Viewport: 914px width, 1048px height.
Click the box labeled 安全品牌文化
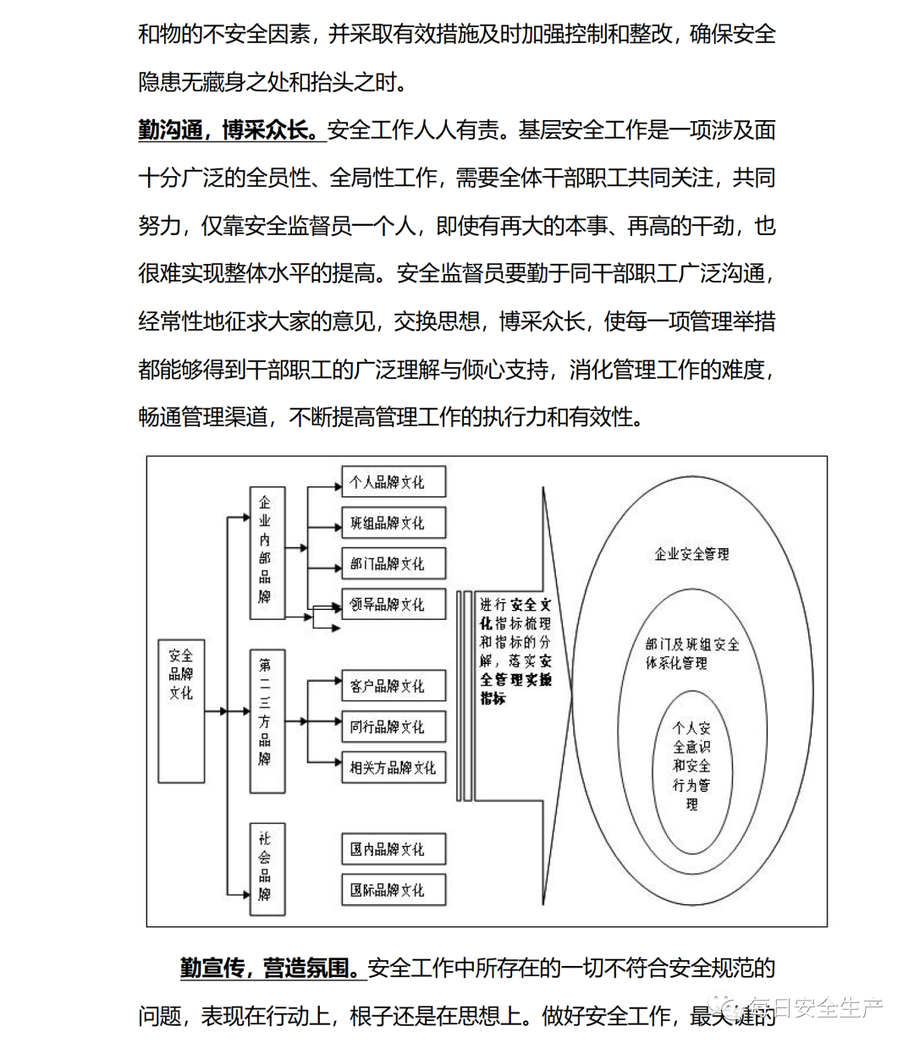(181, 711)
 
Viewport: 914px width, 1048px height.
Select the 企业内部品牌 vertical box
(267, 555)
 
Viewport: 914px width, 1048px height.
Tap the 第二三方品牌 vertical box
(267, 721)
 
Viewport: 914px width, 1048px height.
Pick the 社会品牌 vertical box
(267, 867)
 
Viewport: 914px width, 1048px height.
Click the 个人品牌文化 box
(394, 483)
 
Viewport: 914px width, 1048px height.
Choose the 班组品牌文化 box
(394, 524)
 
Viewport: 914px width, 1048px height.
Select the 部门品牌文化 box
(394, 564)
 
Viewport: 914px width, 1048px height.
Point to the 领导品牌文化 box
(394, 605)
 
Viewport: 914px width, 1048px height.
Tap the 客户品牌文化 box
(394, 686)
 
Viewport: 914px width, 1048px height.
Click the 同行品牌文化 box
(394, 727)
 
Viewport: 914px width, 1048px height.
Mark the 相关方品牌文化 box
(394, 768)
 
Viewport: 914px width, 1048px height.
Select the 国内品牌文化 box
(394, 849)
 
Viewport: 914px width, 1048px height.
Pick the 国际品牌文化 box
(394, 890)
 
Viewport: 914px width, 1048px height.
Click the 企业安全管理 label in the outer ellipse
(691, 554)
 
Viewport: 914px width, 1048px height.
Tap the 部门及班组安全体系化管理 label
(691, 654)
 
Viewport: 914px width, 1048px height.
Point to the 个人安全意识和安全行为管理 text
(691, 765)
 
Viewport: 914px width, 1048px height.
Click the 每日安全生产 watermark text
(814, 1007)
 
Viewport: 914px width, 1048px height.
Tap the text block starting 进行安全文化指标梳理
(515, 651)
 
